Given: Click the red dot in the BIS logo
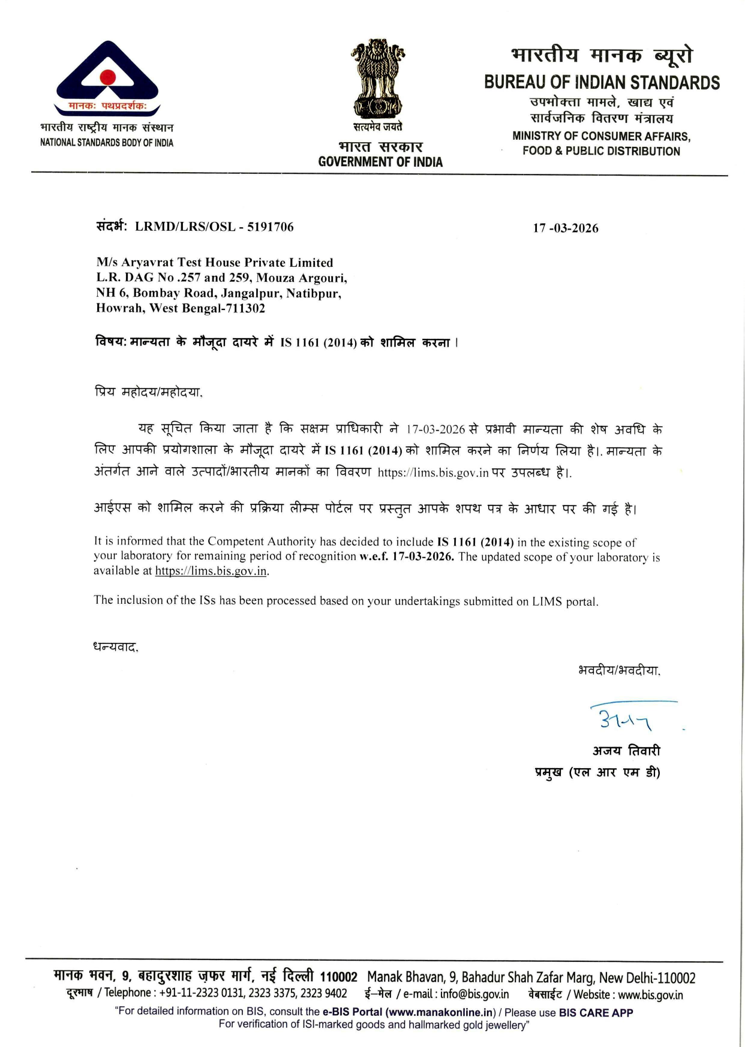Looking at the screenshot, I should click(107, 77).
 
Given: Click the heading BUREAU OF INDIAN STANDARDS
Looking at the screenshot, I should click(602, 82).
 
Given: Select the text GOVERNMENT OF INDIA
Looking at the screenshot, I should click(380, 162).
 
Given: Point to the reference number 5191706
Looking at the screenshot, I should click(270, 227).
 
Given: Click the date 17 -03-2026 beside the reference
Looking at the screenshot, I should click(565, 228).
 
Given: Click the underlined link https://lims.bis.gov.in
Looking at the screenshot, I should click(211, 571).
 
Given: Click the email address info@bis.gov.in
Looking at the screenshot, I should click(474, 994).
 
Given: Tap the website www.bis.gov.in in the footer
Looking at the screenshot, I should click(650, 995).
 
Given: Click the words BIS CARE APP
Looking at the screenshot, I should click(596, 1012).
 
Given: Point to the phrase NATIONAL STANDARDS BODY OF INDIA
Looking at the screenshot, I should click(107, 143).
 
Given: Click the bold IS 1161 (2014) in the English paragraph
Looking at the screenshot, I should click(475, 542).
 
